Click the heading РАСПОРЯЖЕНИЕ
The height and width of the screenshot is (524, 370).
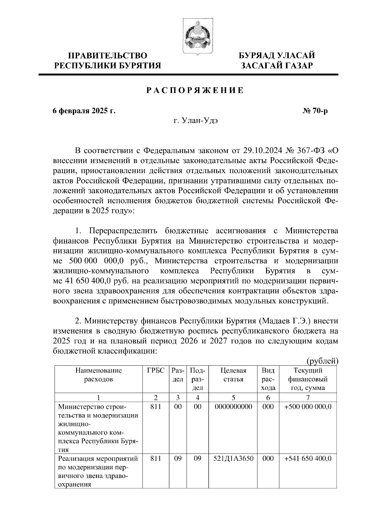point(195,90)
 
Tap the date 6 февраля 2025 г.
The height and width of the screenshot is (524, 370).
point(84,111)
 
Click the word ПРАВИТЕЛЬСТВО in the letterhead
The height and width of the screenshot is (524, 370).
point(108,56)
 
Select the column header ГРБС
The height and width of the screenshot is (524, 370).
point(156,371)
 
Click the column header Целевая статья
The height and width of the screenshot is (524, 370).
point(233,375)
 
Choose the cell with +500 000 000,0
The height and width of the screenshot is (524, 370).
point(308,407)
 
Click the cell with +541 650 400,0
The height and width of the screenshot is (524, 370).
point(308,459)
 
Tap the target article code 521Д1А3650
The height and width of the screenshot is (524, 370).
point(233,459)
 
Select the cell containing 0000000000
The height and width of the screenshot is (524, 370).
point(233,407)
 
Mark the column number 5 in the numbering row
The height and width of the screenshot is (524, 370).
point(233,397)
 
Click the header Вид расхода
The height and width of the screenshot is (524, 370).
point(268,379)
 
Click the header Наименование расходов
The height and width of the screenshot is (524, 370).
point(99,375)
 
